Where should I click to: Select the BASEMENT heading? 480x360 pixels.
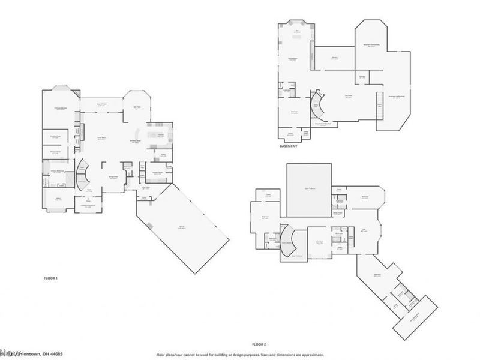tap(290, 146)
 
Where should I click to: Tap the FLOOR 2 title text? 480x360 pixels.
tap(259, 344)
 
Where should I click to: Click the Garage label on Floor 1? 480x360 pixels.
tap(181, 226)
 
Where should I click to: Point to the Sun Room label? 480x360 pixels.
tap(136, 106)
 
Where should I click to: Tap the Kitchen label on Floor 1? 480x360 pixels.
tap(161, 135)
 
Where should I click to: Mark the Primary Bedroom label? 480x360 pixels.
tap(58, 107)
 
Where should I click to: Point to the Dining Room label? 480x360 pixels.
tap(112, 177)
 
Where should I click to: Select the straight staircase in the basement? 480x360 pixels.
tap(379, 104)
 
